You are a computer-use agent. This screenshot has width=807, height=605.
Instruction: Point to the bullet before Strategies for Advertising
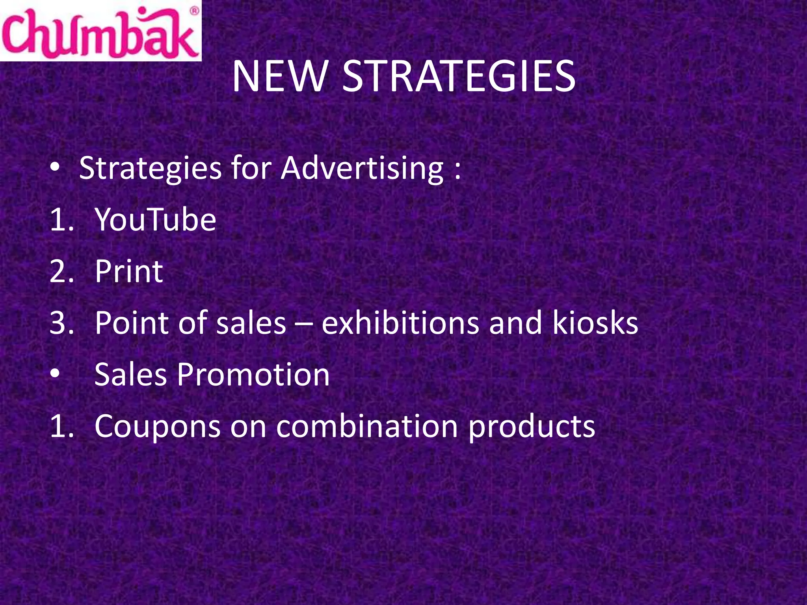coord(55,168)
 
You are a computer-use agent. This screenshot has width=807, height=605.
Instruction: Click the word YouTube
coord(156,219)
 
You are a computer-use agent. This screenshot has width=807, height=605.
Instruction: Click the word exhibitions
coord(400,323)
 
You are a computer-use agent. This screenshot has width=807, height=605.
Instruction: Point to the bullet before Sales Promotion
coord(55,374)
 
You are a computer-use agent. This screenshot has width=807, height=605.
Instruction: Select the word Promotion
coord(253,375)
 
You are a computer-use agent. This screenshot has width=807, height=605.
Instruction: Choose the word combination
coord(367,426)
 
